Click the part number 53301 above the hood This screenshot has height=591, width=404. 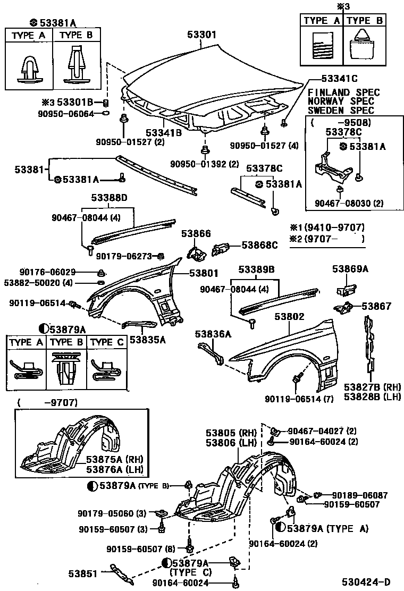click(x=201, y=35)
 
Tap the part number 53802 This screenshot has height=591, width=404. click(x=289, y=317)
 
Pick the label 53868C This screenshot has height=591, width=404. click(x=259, y=245)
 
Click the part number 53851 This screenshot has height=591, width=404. click(x=82, y=573)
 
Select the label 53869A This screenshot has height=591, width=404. click(x=350, y=269)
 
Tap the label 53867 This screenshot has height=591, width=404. click(x=376, y=306)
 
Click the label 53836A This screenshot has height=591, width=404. click(x=213, y=334)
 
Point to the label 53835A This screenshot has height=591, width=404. click(x=147, y=339)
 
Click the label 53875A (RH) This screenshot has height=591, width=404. click(x=115, y=459)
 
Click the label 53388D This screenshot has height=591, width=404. click(x=109, y=198)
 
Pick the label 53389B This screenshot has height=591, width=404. click(x=256, y=269)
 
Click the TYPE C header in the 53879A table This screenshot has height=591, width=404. click(x=106, y=342)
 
